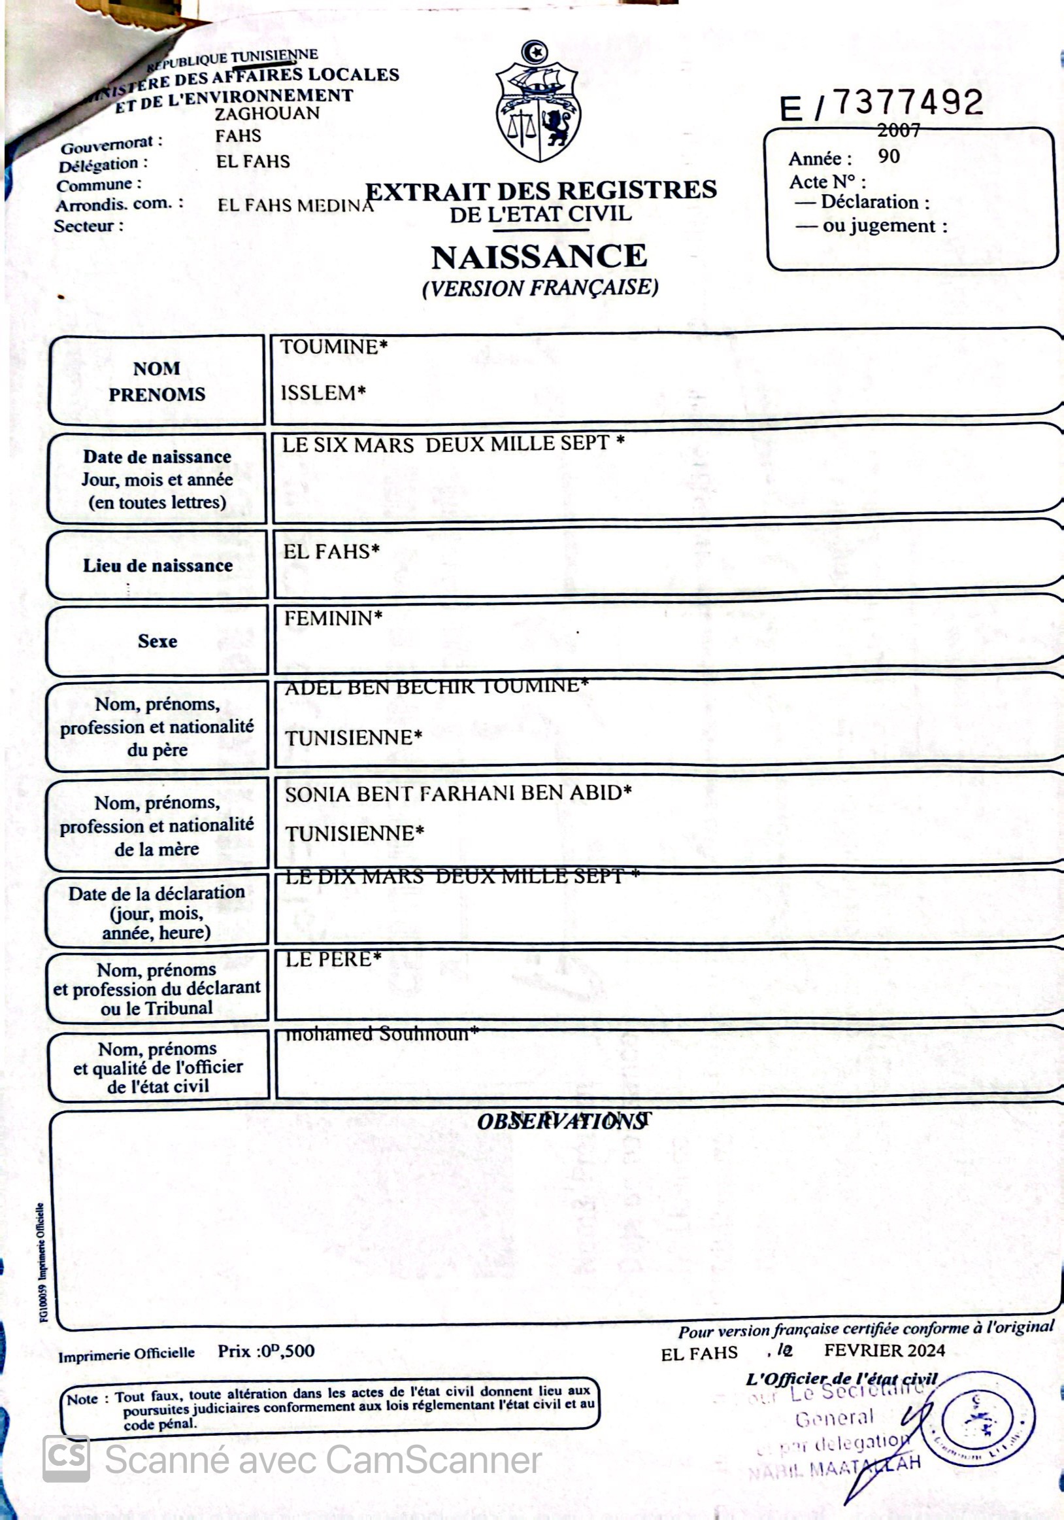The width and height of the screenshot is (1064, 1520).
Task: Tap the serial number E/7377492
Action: click(881, 105)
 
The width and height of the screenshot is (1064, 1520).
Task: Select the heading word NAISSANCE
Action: click(539, 258)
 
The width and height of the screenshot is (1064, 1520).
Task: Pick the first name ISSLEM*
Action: click(323, 393)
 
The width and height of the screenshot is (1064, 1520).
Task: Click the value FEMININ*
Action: click(333, 619)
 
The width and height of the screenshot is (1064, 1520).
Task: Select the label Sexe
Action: click(158, 641)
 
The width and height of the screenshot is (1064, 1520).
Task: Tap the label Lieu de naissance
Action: click(158, 566)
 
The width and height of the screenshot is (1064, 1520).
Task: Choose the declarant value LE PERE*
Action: click(333, 959)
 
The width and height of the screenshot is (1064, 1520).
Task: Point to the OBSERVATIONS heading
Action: click(561, 1122)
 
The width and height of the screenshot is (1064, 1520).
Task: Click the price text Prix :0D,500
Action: click(266, 1351)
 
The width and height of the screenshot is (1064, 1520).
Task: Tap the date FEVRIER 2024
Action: click(884, 1350)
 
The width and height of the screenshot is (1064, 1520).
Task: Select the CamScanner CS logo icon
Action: click(66, 1459)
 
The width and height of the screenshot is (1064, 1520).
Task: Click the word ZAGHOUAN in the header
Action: click(267, 114)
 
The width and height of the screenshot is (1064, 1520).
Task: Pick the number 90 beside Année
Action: click(889, 157)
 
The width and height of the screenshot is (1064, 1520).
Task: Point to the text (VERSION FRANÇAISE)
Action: click(540, 288)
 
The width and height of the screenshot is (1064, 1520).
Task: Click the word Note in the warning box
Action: click(82, 1399)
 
